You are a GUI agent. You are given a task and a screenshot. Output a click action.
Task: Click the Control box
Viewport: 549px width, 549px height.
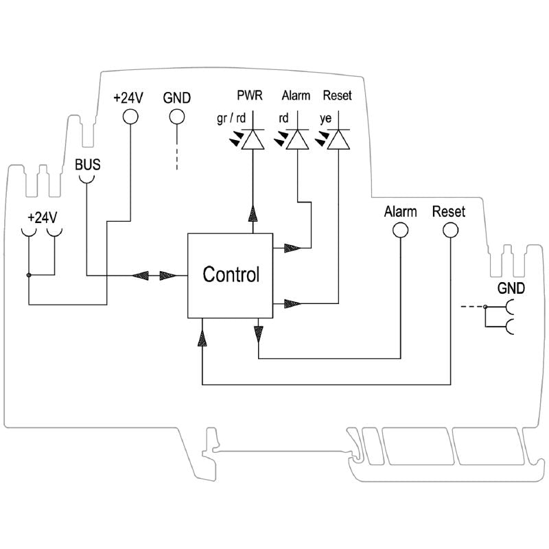point(231,275)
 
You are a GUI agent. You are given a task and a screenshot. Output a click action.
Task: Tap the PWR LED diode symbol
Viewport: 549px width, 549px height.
point(254,140)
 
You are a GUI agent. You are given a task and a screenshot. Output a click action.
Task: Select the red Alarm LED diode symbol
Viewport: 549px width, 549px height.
point(296,140)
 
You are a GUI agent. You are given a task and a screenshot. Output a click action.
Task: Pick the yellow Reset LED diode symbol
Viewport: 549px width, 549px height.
point(338,140)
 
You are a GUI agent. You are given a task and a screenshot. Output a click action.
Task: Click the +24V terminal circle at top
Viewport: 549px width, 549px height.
point(129,117)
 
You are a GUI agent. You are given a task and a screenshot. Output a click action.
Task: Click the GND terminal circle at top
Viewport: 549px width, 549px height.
point(177,117)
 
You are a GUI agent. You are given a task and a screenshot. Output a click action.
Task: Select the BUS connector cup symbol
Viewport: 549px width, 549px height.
point(86,178)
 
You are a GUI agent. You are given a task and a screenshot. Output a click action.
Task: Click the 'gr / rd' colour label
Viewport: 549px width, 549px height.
point(231,118)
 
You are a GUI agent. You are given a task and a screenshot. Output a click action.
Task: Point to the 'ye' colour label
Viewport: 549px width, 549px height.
point(326,118)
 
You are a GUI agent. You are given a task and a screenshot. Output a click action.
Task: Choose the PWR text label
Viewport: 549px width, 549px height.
point(250,95)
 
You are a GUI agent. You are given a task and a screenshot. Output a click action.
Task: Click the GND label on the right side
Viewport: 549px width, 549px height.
point(511,288)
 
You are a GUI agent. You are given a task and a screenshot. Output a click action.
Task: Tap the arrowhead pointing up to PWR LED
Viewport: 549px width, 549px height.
point(254,213)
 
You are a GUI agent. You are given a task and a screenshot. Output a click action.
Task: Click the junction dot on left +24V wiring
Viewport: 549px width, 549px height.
point(29,276)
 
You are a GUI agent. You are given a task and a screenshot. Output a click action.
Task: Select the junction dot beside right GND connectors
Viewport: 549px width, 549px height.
point(484,307)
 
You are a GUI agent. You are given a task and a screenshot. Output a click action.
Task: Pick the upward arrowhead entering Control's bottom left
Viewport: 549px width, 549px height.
point(202,335)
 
